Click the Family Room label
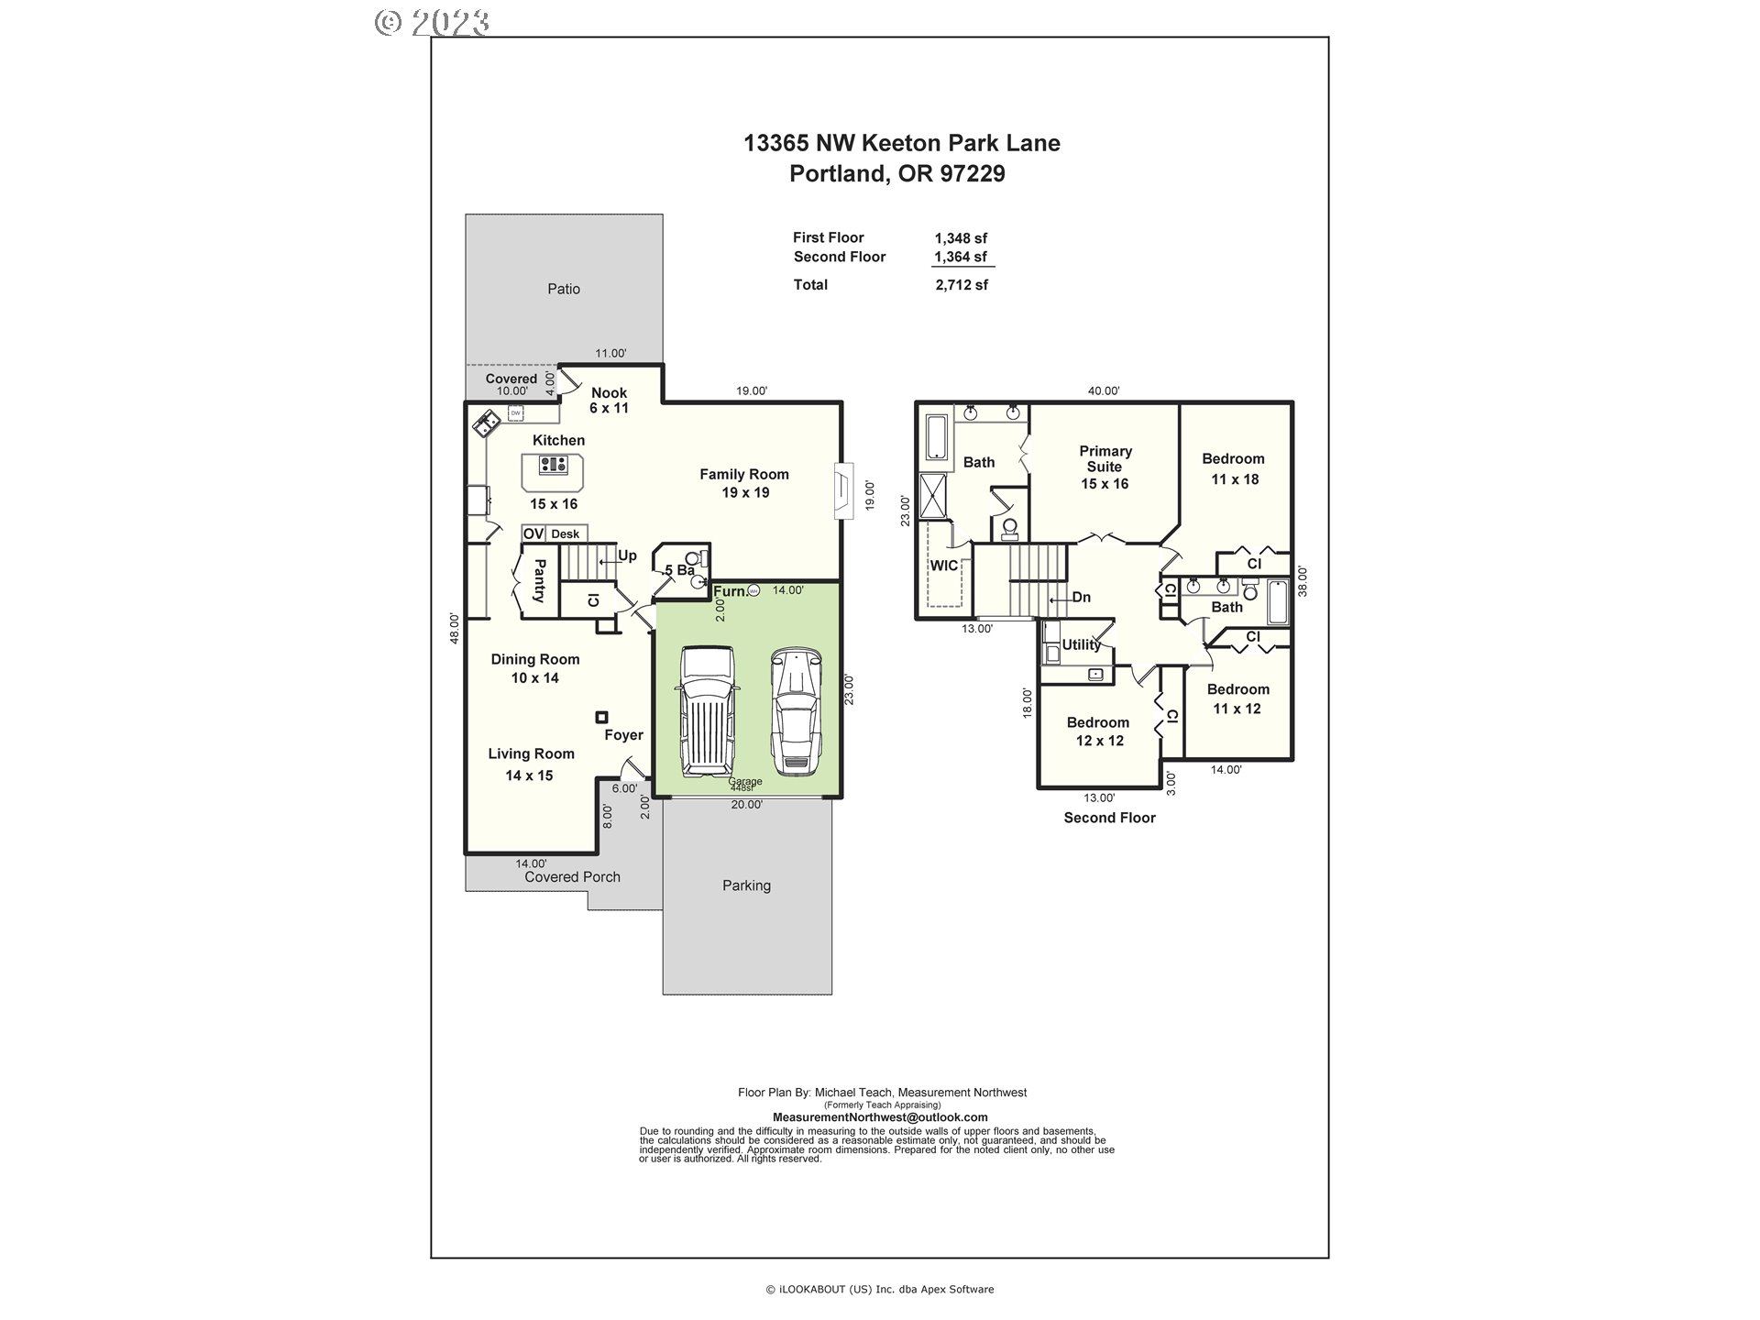[x=744, y=483]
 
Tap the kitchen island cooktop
[x=553, y=465]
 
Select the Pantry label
[x=539, y=580]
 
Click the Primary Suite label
[x=1105, y=467]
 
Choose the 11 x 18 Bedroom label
[x=1233, y=468]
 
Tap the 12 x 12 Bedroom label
[x=1098, y=731]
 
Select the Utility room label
[x=1081, y=644]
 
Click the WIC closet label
[x=943, y=566]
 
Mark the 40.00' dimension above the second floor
[x=1104, y=390]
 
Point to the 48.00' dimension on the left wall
[x=454, y=628]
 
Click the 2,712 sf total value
[x=962, y=285]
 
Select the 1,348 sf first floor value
[x=961, y=238]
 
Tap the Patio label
[x=564, y=289]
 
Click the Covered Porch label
[x=572, y=877]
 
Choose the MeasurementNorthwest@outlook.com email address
[x=880, y=1117]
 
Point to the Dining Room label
[x=534, y=668]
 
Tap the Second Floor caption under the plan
[x=1109, y=818]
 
